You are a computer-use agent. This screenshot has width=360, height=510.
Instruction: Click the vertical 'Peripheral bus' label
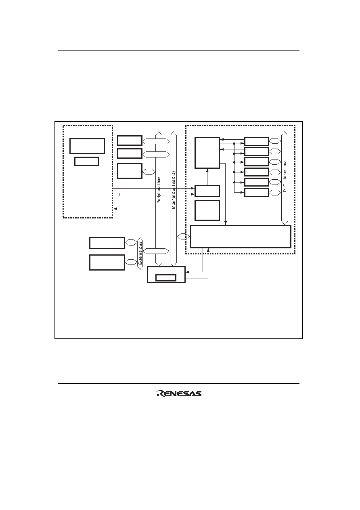(159, 190)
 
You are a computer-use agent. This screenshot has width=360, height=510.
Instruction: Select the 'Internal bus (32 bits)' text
(174, 190)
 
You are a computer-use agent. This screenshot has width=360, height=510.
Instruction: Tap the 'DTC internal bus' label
(285, 176)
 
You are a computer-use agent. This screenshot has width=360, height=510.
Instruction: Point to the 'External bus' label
(140, 253)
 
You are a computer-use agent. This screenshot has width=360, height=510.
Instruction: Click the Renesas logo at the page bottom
(179, 393)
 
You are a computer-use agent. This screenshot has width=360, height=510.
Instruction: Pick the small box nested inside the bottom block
(166, 278)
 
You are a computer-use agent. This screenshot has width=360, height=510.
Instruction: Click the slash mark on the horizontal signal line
(119, 194)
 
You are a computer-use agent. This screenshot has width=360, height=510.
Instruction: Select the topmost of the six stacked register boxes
(256, 141)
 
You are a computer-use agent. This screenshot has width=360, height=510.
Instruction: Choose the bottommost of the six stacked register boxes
(256, 192)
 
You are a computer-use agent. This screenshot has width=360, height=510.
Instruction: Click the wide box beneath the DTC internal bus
(241, 237)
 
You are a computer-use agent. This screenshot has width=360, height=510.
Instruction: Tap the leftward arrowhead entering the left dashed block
(115, 209)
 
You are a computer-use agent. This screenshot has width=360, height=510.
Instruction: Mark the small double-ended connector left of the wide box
(183, 237)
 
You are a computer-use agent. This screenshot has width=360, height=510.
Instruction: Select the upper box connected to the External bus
(107, 243)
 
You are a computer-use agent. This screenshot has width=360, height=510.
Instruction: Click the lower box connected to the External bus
(107, 262)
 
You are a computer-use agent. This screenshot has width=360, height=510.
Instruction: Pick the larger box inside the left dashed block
(87, 146)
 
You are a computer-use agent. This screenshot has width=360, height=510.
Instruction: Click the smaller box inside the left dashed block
(87, 161)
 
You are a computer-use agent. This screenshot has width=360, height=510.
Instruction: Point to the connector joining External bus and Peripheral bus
(156, 251)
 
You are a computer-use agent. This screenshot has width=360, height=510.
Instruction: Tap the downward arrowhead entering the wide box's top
(225, 223)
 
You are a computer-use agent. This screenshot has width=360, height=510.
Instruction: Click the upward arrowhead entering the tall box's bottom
(207, 170)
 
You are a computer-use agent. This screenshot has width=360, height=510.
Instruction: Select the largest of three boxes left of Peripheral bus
(130, 171)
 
